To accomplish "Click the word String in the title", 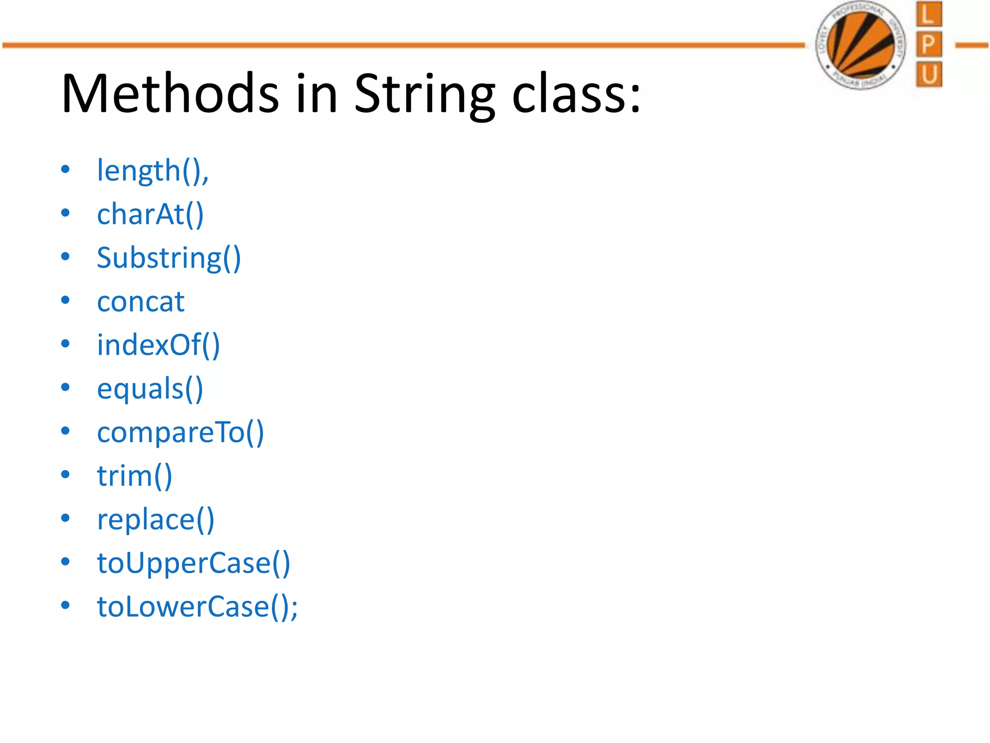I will [x=424, y=94].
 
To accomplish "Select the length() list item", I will [x=153, y=171].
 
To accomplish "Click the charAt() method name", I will [x=150, y=214].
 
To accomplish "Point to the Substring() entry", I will [x=169, y=258].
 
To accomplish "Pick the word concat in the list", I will [x=141, y=302].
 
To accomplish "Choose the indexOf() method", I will [x=159, y=345].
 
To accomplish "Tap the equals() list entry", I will [x=150, y=389].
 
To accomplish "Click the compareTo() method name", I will [x=180, y=432].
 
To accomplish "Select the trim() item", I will [x=134, y=476].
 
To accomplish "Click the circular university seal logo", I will [x=860, y=45].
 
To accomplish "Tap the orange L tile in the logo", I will [x=929, y=14].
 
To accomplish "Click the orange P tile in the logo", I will [x=929, y=45].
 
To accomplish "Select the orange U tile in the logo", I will [x=929, y=74].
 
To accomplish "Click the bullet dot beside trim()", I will [x=65, y=475].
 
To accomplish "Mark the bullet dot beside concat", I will [x=65, y=300].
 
